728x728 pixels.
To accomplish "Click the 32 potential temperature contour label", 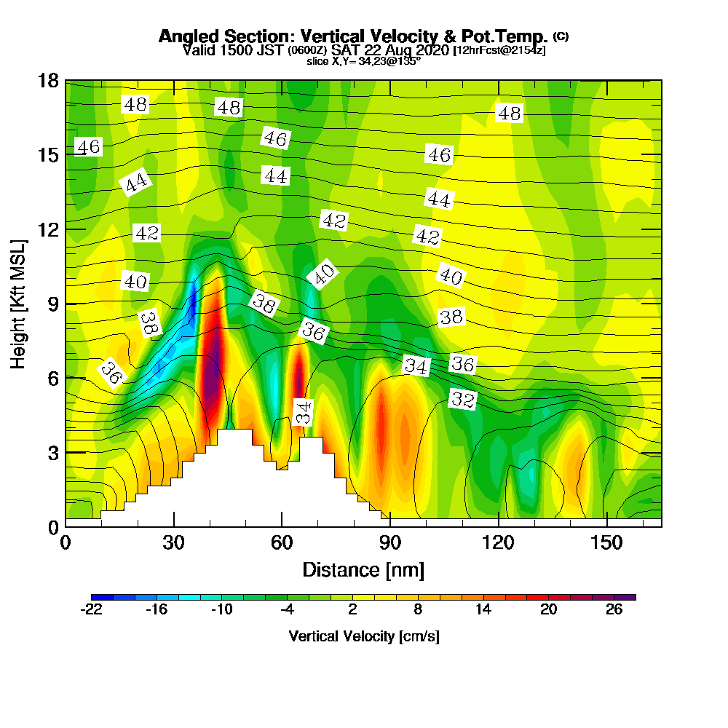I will coord(463,398).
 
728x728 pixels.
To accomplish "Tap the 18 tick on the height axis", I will coord(48,81).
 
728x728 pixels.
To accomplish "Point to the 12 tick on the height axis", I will coord(48,229).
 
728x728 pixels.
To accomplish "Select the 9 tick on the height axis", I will coord(52,304).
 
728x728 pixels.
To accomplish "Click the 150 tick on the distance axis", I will coord(606,543).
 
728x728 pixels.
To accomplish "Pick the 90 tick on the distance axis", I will coord(390,543).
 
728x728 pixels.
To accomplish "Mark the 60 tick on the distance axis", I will coord(282,543).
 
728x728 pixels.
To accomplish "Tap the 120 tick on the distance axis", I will coord(499,543).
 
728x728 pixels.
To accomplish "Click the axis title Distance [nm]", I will coord(363,569).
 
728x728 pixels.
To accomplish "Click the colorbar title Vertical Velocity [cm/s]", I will coord(364,636).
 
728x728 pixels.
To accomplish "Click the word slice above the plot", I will coord(319,61).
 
